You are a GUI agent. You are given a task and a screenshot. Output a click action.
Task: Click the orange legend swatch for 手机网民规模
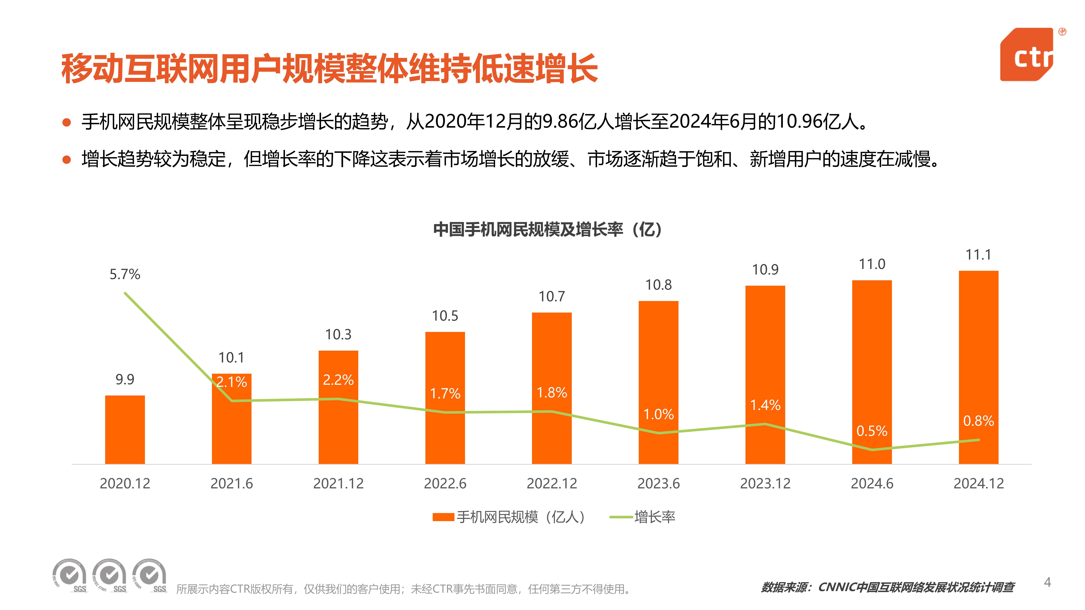(x=443, y=517)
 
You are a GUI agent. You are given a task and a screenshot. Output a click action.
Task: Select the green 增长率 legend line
(x=621, y=517)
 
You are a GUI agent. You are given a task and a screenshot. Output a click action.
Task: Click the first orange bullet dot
(x=67, y=123)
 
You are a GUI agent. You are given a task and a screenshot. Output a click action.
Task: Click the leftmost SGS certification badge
(x=70, y=576)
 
